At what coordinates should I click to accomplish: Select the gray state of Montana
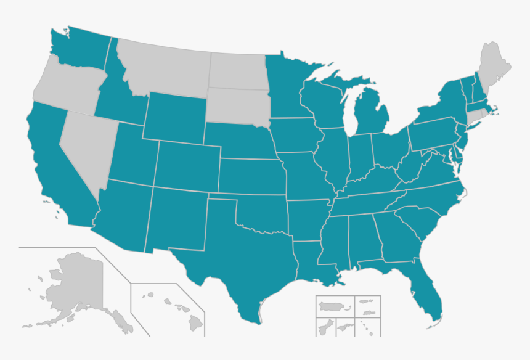click(166, 68)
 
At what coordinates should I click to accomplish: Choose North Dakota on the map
click(237, 71)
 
